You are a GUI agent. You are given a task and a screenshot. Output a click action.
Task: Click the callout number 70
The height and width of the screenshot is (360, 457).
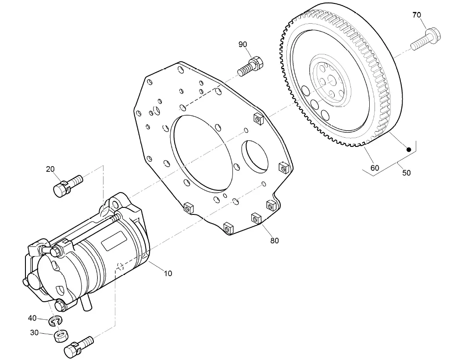[x=416, y=15]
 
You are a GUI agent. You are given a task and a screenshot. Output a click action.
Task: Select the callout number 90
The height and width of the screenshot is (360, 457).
[x=243, y=44]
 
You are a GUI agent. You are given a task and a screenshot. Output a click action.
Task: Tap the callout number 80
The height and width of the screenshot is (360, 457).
[x=275, y=240]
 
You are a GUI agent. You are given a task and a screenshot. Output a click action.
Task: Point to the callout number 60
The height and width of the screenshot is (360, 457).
[x=375, y=168]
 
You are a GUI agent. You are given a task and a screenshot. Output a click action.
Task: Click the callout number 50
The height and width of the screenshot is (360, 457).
[x=407, y=173]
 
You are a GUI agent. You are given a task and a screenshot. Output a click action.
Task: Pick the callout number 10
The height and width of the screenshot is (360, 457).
[x=168, y=273]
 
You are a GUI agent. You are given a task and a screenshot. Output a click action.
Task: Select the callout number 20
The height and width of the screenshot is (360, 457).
[x=50, y=169]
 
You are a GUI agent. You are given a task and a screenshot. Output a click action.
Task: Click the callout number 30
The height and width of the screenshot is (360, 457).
[x=35, y=333]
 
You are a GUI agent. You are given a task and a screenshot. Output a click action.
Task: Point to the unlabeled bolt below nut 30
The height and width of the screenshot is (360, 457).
[x=79, y=346]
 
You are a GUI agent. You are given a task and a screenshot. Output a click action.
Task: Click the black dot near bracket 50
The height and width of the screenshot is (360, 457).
[x=408, y=150]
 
